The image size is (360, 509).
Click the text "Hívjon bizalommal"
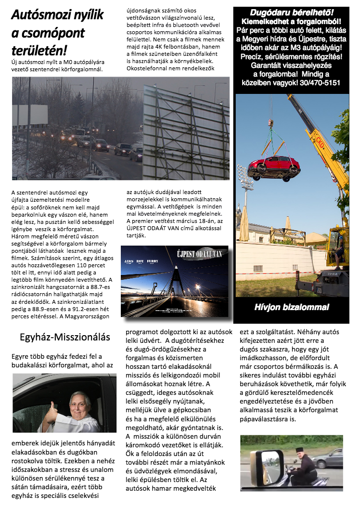pyautogui.click(x=292, y=307)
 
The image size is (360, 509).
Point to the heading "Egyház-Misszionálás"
pyautogui.click(x=65, y=337)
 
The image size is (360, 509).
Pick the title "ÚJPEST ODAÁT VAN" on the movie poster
pyautogui.click(x=199, y=254)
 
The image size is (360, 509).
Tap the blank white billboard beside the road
pyautogui.click(x=30, y=116)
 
